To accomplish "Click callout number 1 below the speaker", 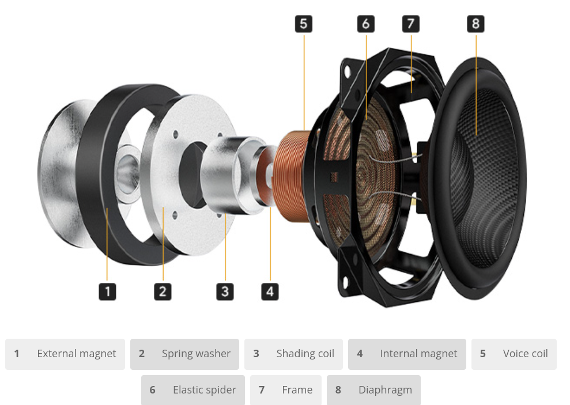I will pyautogui.click(x=107, y=291).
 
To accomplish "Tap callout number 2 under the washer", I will pyautogui.click(x=163, y=291).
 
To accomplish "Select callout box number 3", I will pyautogui.click(x=225, y=291).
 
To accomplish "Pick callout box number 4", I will pyautogui.click(x=269, y=291).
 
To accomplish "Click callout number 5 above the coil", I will pyautogui.click(x=303, y=24).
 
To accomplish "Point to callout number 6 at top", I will pyautogui.click(x=365, y=24).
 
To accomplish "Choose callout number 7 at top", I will pyautogui.click(x=410, y=24).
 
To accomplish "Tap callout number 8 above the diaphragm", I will pyautogui.click(x=475, y=24).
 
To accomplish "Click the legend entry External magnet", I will pyautogui.click(x=65, y=354).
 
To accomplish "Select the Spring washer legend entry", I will pyautogui.click(x=184, y=354).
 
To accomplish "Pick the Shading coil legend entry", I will pyautogui.click(x=293, y=354).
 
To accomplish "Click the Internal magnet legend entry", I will pyautogui.click(x=407, y=354).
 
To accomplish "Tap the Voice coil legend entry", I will pyautogui.click(x=514, y=354).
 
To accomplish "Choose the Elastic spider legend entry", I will pyautogui.click(x=193, y=390).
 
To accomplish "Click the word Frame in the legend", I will pyautogui.click(x=297, y=390).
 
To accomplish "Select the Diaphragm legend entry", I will pyautogui.click(x=373, y=390).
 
